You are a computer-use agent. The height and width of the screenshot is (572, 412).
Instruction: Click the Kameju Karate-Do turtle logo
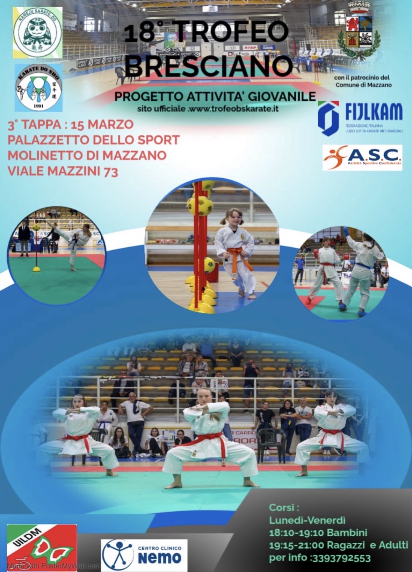pyautogui.click(x=38, y=32)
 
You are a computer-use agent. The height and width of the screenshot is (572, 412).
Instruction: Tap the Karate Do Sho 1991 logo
pyautogui.click(x=38, y=87)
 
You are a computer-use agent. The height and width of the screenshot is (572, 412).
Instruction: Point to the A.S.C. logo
pyautogui.click(x=362, y=158)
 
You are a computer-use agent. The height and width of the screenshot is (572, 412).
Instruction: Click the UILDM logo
pyautogui.click(x=42, y=547)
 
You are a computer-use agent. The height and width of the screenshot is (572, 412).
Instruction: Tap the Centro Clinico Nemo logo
pyautogui.click(x=144, y=555)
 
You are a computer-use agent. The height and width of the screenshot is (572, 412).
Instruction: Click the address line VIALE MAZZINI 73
pyautogui.click(x=63, y=171)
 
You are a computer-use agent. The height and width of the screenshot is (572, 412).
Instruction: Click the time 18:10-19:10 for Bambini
pyautogui.click(x=297, y=532)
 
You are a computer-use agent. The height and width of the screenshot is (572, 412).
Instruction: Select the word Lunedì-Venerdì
pyautogui.click(x=307, y=520)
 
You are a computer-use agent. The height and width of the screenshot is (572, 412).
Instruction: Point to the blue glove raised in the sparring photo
pyautogui.click(x=346, y=231)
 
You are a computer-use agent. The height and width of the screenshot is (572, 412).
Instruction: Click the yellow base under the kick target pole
pyautogui.click(x=36, y=269)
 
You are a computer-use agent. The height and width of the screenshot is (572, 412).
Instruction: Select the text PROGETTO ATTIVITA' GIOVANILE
pyautogui.click(x=215, y=96)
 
